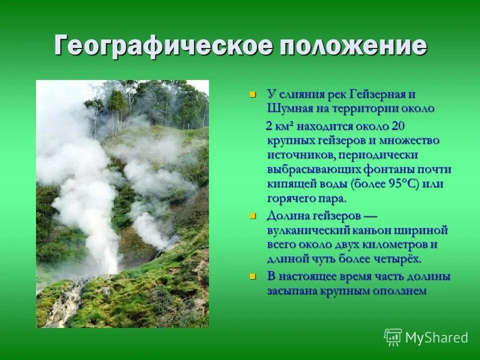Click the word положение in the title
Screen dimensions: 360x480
click(x=353, y=46)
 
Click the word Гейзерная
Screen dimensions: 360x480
click(x=375, y=94)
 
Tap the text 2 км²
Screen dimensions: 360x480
click(x=280, y=125)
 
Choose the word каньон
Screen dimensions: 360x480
click(x=375, y=230)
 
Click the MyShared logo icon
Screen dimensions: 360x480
click(x=393, y=337)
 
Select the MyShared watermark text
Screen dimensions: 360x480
click(x=436, y=338)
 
